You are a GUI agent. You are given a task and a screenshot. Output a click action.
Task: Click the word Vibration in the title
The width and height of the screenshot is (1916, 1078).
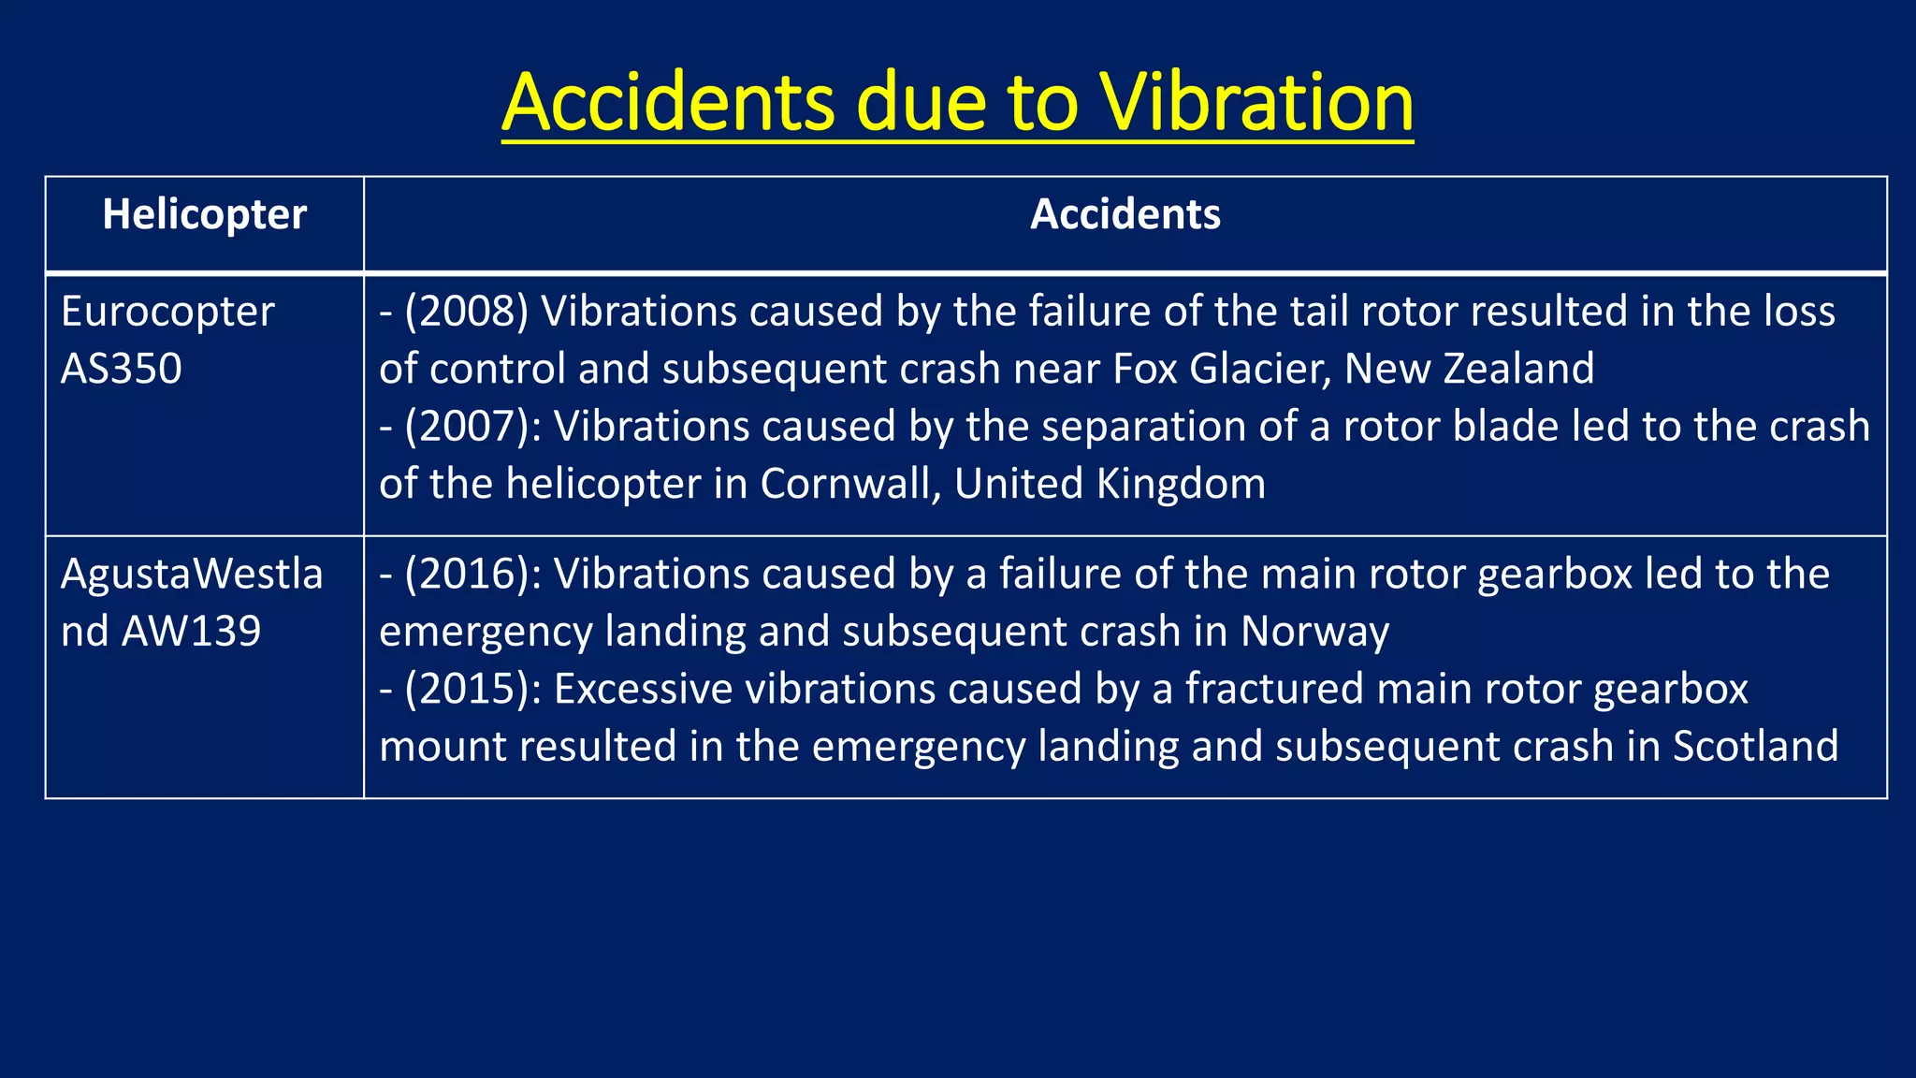[x=1256, y=103]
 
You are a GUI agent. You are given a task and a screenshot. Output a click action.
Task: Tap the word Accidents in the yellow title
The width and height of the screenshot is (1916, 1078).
[x=668, y=103]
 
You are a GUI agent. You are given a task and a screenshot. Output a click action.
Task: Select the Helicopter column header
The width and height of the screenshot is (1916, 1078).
[x=204, y=215]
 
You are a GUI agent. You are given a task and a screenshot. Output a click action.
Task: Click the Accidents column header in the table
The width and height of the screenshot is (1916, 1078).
[x=1125, y=215]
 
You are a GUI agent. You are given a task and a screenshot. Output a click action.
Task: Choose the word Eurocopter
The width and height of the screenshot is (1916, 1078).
[x=167, y=312]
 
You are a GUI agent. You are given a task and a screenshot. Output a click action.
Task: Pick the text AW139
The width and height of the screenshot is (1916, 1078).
[x=191, y=632]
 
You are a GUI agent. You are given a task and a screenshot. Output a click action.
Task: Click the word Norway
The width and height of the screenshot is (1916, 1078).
[x=1314, y=632]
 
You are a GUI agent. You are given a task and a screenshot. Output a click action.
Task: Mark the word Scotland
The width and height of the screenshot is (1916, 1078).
[x=1755, y=747]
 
